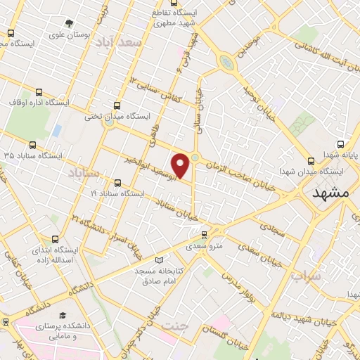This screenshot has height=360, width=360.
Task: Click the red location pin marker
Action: (x=181, y=165)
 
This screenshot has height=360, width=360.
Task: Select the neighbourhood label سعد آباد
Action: (x=120, y=44)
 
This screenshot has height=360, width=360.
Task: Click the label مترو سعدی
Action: (x=203, y=247)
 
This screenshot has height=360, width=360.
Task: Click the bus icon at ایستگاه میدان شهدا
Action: (x=312, y=160)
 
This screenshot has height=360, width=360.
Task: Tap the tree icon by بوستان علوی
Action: (x=69, y=23)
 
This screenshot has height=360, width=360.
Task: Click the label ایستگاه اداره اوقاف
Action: (x=38, y=103)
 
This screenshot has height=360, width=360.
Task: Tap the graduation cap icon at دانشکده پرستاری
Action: (x=63, y=316)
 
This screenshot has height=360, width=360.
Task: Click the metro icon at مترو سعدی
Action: (x=204, y=235)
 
